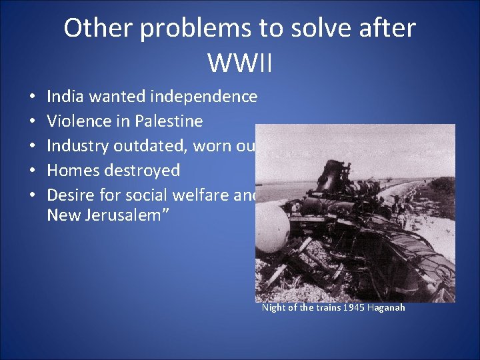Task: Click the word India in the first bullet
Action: (x=63, y=97)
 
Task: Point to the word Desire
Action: (x=71, y=195)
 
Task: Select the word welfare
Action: (x=195, y=195)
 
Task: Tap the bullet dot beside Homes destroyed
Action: (x=32, y=171)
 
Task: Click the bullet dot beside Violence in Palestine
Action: (x=32, y=122)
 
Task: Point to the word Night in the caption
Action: (x=273, y=307)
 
